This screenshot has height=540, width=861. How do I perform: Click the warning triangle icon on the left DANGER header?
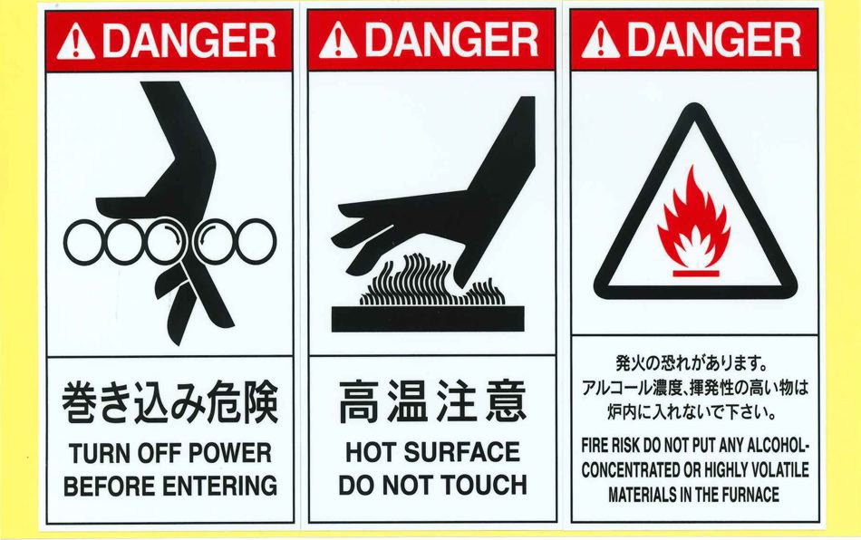[76, 41]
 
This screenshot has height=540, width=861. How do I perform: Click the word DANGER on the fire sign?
[714, 40]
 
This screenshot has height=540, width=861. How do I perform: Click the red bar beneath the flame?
[696, 274]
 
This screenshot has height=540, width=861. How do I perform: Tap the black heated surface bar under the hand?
[428, 319]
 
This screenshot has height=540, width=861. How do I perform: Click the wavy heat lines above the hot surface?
[431, 280]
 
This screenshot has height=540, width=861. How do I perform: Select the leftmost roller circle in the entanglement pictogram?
[84, 242]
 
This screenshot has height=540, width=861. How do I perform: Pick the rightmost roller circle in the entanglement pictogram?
[256, 242]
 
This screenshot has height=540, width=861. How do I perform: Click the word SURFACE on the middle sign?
[462, 452]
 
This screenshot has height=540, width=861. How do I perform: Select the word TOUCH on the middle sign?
[484, 485]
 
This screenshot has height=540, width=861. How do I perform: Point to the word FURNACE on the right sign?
[750, 495]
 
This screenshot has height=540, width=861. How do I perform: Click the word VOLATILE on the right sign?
[779, 469]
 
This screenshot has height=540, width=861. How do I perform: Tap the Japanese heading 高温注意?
[432, 401]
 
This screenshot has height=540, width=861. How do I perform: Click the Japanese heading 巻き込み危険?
[169, 402]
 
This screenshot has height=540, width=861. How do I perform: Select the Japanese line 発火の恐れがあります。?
[691, 363]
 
